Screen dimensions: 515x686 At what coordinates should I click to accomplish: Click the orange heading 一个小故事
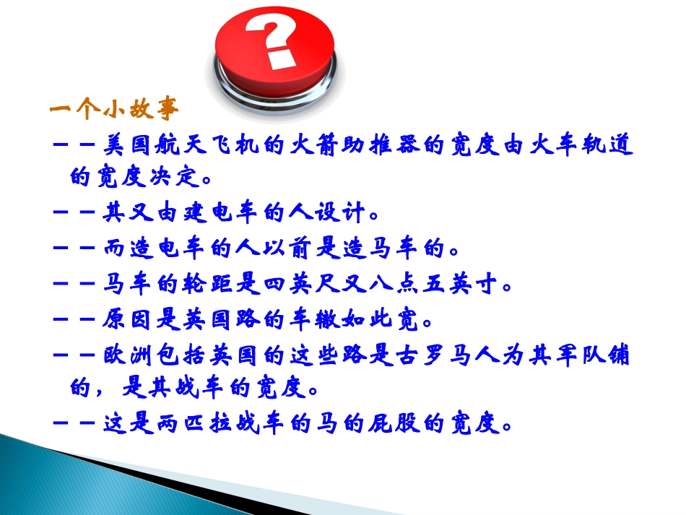(113, 110)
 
